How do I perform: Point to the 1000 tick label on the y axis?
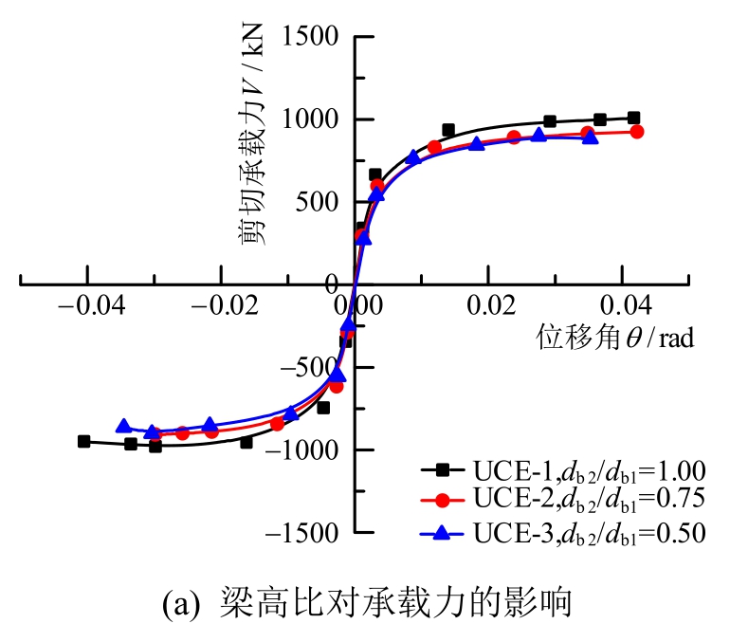click(x=316, y=119)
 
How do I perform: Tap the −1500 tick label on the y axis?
click(x=307, y=533)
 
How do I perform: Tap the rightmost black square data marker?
click(x=633, y=119)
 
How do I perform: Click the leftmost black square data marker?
click(x=84, y=441)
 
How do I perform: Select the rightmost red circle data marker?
click(x=637, y=132)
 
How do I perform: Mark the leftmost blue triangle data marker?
click(x=123, y=427)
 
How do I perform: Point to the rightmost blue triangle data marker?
click(x=591, y=137)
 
